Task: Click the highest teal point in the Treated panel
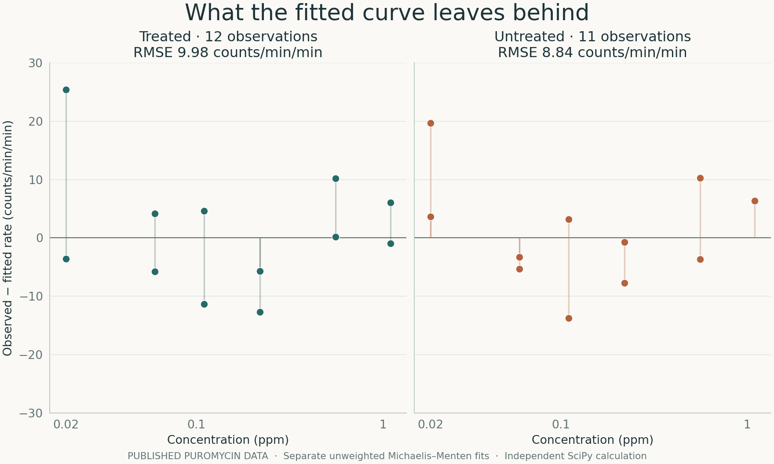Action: click(x=66, y=90)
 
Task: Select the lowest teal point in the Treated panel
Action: click(x=260, y=312)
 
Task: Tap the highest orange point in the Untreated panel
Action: click(x=431, y=123)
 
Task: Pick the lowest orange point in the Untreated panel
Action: click(x=569, y=319)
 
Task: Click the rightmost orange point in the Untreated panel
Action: click(x=755, y=201)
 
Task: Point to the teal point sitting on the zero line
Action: click(x=336, y=237)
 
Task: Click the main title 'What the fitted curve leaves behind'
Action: click(x=387, y=12)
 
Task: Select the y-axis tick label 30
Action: click(x=35, y=63)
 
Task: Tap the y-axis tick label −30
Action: click(x=31, y=413)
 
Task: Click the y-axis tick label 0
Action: click(x=39, y=238)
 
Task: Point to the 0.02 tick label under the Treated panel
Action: click(x=66, y=424)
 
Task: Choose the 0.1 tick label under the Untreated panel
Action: click(x=561, y=424)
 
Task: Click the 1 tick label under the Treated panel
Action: click(x=383, y=424)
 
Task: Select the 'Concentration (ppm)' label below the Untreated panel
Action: click(x=592, y=440)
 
